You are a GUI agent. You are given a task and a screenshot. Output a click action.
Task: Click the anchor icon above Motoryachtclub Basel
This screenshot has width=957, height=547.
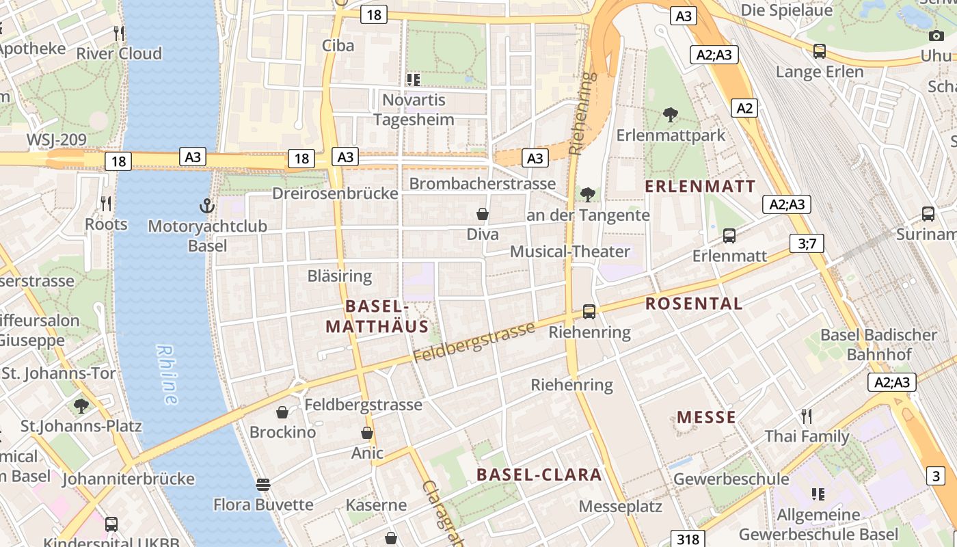pyautogui.click(x=206, y=205)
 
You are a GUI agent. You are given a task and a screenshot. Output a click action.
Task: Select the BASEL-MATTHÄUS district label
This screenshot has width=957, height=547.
pyautogui.click(x=377, y=316)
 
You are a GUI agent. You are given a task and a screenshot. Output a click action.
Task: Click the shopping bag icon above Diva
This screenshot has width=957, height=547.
pyautogui.click(x=483, y=214)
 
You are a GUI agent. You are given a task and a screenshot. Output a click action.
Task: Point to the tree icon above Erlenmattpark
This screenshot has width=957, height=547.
pyautogui.click(x=671, y=115)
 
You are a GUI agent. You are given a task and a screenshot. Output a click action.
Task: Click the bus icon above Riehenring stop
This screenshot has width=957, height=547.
pyautogui.click(x=589, y=312)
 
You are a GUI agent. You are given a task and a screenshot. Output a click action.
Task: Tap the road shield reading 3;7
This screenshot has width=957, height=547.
pyautogui.click(x=807, y=243)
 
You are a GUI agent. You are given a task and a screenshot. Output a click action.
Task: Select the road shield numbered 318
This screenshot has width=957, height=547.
pyautogui.click(x=688, y=538)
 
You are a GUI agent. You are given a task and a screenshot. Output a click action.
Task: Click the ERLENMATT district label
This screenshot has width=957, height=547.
pyautogui.click(x=700, y=186)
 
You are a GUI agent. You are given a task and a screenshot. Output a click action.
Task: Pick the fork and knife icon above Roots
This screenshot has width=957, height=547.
pyautogui.click(x=106, y=203)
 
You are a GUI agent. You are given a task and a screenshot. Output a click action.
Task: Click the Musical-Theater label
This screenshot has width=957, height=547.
pyautogui.click(x=570, y=251)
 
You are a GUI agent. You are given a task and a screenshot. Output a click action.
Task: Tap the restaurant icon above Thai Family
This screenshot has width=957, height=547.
pyautogui.click(x=807, y=416)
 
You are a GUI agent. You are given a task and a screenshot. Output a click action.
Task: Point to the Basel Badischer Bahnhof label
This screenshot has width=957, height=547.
pyautogui.click(x=878, y=345)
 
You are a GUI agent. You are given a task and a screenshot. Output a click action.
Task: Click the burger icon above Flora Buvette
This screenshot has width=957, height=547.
pyautogui.click(x=263, y=485)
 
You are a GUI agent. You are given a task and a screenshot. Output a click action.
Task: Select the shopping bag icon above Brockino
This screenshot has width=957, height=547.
pyautogui.click(x=282, y=412)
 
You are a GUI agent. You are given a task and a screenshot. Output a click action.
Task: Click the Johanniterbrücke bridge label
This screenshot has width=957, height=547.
pyautogui.click(x=129, y=479)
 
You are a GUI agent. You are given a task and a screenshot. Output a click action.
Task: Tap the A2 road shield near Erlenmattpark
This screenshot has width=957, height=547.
pyautogui.click(x=744, y=107)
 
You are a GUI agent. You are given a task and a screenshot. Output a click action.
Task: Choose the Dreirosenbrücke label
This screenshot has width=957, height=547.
pyautogui.click(x=335, y=194)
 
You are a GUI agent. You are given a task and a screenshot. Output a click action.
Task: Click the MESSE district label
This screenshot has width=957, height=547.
pyautogui.click(x=706, y=417)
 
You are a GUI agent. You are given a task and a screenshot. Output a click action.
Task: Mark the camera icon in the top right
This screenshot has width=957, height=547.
pyautogui.click(x=936, y=36)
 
